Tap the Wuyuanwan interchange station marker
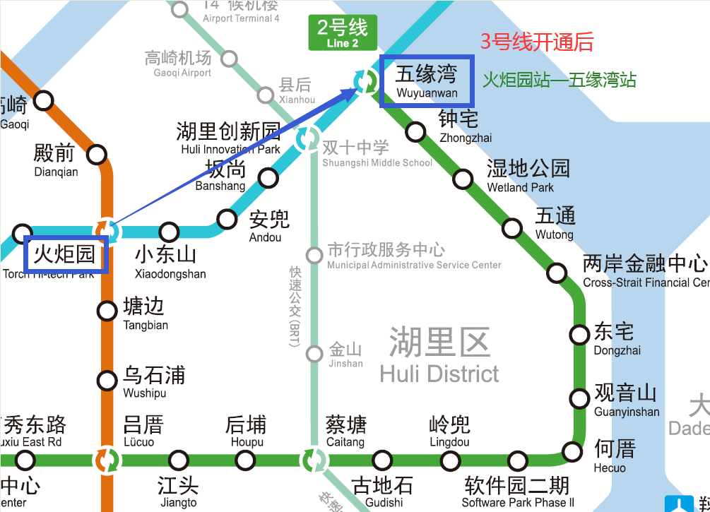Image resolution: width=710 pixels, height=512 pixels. [x=365, y=82]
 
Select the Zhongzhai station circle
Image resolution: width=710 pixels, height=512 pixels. [x=416, y=131]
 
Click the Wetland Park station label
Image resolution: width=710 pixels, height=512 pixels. [x=528, y=175]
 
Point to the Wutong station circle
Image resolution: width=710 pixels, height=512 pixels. [x=512, y=227]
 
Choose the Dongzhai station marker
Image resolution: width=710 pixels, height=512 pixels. [x=580, y=335]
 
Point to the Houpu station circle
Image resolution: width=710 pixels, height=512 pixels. [x=245, y=460]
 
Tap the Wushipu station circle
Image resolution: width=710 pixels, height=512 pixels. [x=107, y=381]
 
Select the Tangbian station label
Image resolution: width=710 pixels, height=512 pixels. [x=145, y=314]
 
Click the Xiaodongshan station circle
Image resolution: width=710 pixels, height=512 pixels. [x=169, y=231]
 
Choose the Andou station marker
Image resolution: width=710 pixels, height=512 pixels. [x=227, y=219]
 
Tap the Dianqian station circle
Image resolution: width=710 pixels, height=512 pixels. [x=96, y=154]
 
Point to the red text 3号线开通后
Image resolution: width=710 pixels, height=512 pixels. [x=537, y=42]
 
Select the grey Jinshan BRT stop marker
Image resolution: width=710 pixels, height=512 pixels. [x=314, y=354]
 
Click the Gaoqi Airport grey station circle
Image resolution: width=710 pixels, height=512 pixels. [x=229, y=59]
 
